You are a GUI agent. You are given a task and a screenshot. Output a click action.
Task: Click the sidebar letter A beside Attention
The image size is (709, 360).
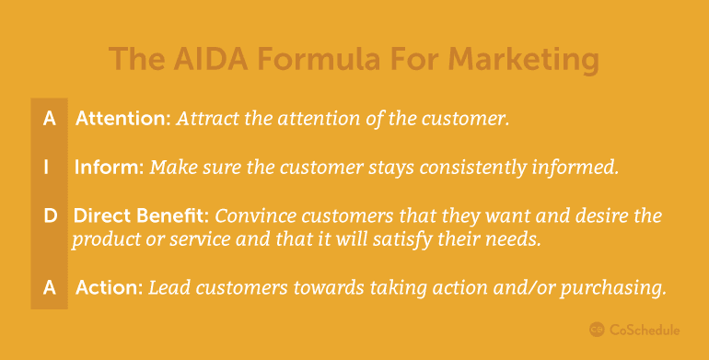[x=50, y=119]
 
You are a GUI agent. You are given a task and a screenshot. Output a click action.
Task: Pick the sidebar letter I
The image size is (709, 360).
[x=47, y=168]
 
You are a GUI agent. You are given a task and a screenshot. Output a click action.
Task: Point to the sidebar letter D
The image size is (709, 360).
[x=51, y=216]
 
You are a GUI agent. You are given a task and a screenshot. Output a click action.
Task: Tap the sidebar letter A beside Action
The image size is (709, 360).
[x=50, y=287]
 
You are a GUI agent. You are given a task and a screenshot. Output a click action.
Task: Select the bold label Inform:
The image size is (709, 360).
[x=110, y=168]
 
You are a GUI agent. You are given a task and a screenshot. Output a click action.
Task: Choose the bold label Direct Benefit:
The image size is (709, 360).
[x=141, y=216]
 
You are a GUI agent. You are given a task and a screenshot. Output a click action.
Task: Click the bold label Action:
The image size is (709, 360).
[x=110, y=287]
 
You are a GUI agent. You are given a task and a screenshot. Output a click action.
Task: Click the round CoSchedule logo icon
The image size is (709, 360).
[x=597, y=330]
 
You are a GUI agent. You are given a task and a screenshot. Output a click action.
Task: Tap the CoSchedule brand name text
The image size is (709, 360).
[x=644, y=331]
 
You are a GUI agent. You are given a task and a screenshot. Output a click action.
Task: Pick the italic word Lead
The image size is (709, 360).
[x=165, y=287]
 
